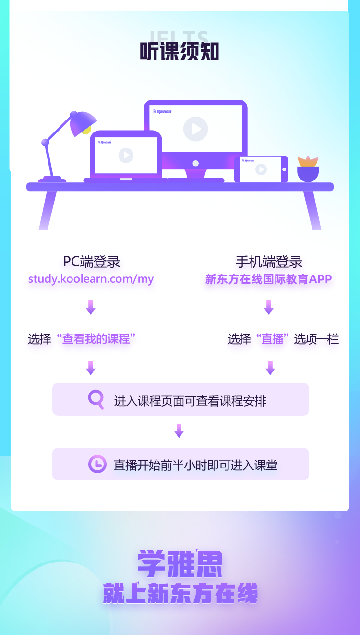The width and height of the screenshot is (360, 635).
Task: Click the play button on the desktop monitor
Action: click(195, 129)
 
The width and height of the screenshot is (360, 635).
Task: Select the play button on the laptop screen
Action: click(126, 155)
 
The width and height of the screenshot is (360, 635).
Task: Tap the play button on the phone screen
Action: click(261, 169)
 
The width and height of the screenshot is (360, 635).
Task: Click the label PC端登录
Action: click(91, 262)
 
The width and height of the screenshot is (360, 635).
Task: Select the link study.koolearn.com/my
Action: click(91, 279)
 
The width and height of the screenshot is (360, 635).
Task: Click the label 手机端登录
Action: click(269, 262)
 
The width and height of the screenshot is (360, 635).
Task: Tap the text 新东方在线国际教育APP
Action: click(269, 279)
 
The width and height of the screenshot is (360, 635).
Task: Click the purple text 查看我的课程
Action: click(96, 339)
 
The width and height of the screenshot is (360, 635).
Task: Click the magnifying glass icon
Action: click(96, 399)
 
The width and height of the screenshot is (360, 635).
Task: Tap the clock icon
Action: click(97, 464)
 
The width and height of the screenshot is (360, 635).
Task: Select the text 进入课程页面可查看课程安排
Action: click(190, 400)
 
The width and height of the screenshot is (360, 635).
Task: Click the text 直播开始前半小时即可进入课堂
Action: click(195, 465)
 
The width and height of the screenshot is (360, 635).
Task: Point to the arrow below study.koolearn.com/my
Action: click(90, 307)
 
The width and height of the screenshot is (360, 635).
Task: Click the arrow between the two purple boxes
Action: click(179, 431)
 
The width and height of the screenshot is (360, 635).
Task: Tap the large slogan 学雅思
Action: click(180, 564)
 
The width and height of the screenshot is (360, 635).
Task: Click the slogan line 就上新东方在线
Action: click(180, 594)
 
